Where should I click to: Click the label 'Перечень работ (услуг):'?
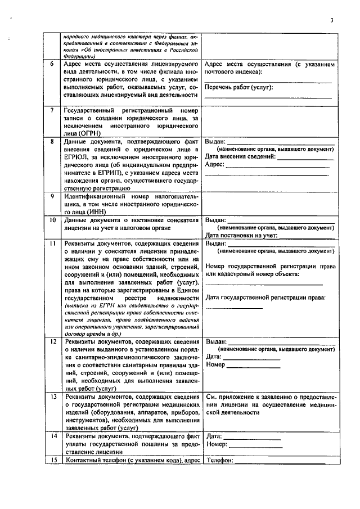click(x=238, y=88)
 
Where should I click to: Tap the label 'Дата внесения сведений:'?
click(x=240, y=157)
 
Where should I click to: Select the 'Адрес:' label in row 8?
click(x=216, y=165)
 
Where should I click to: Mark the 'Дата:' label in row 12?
click(x=214, y=357)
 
